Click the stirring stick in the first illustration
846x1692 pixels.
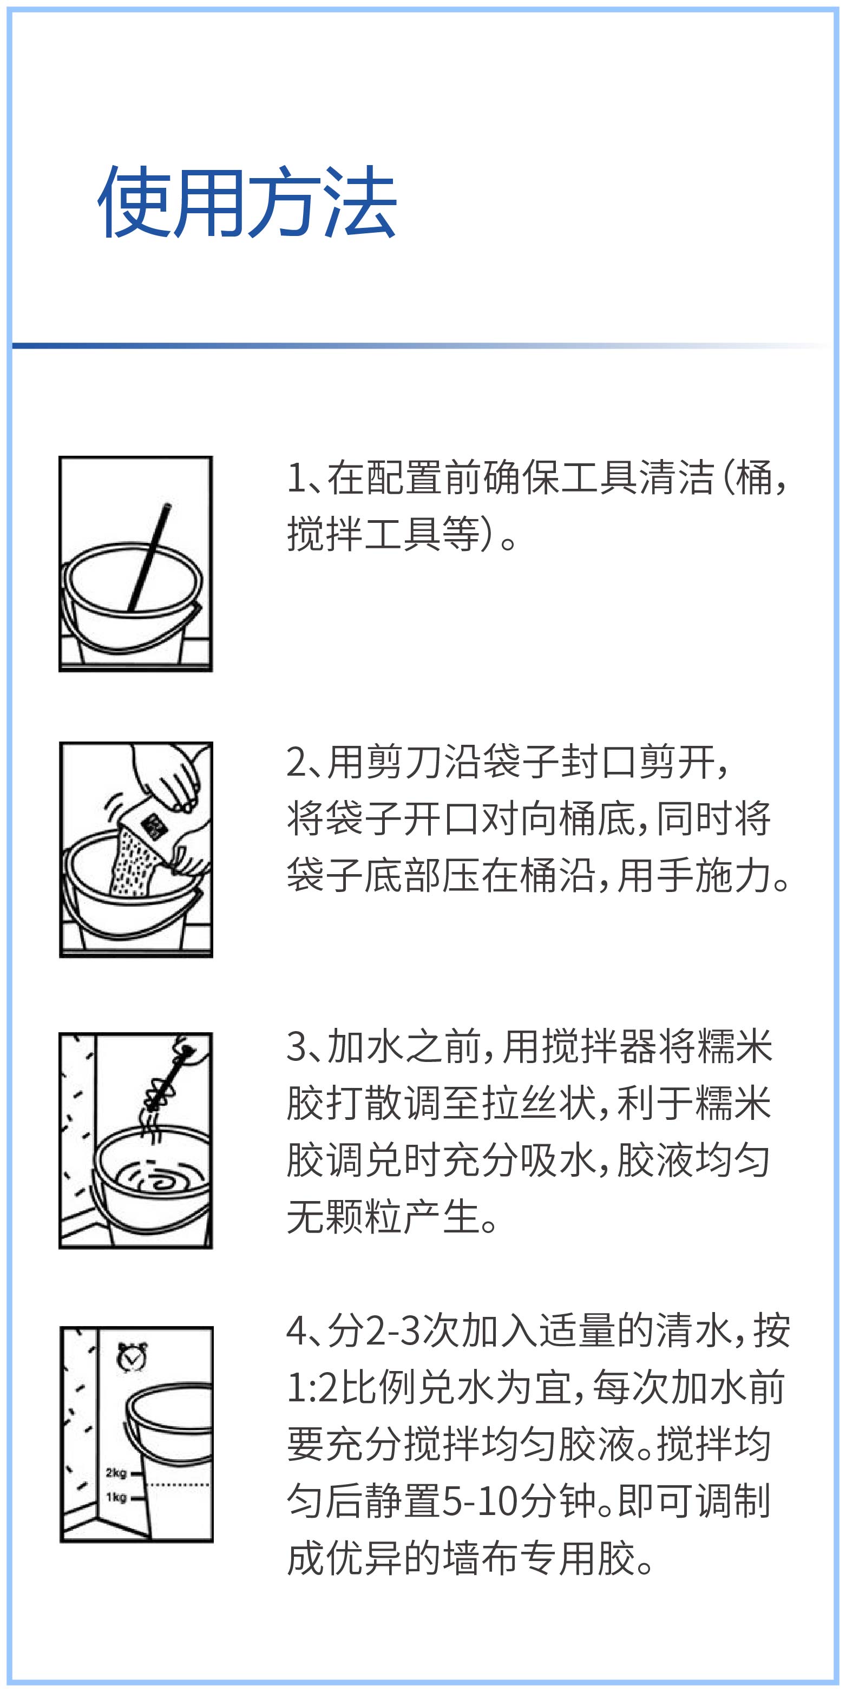[148, 557]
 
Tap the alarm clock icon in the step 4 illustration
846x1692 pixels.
[132, 1357]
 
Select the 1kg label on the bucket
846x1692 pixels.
[116, 1497]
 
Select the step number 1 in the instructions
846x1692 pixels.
[296, 477]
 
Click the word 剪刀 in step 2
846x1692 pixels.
[385, 762]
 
